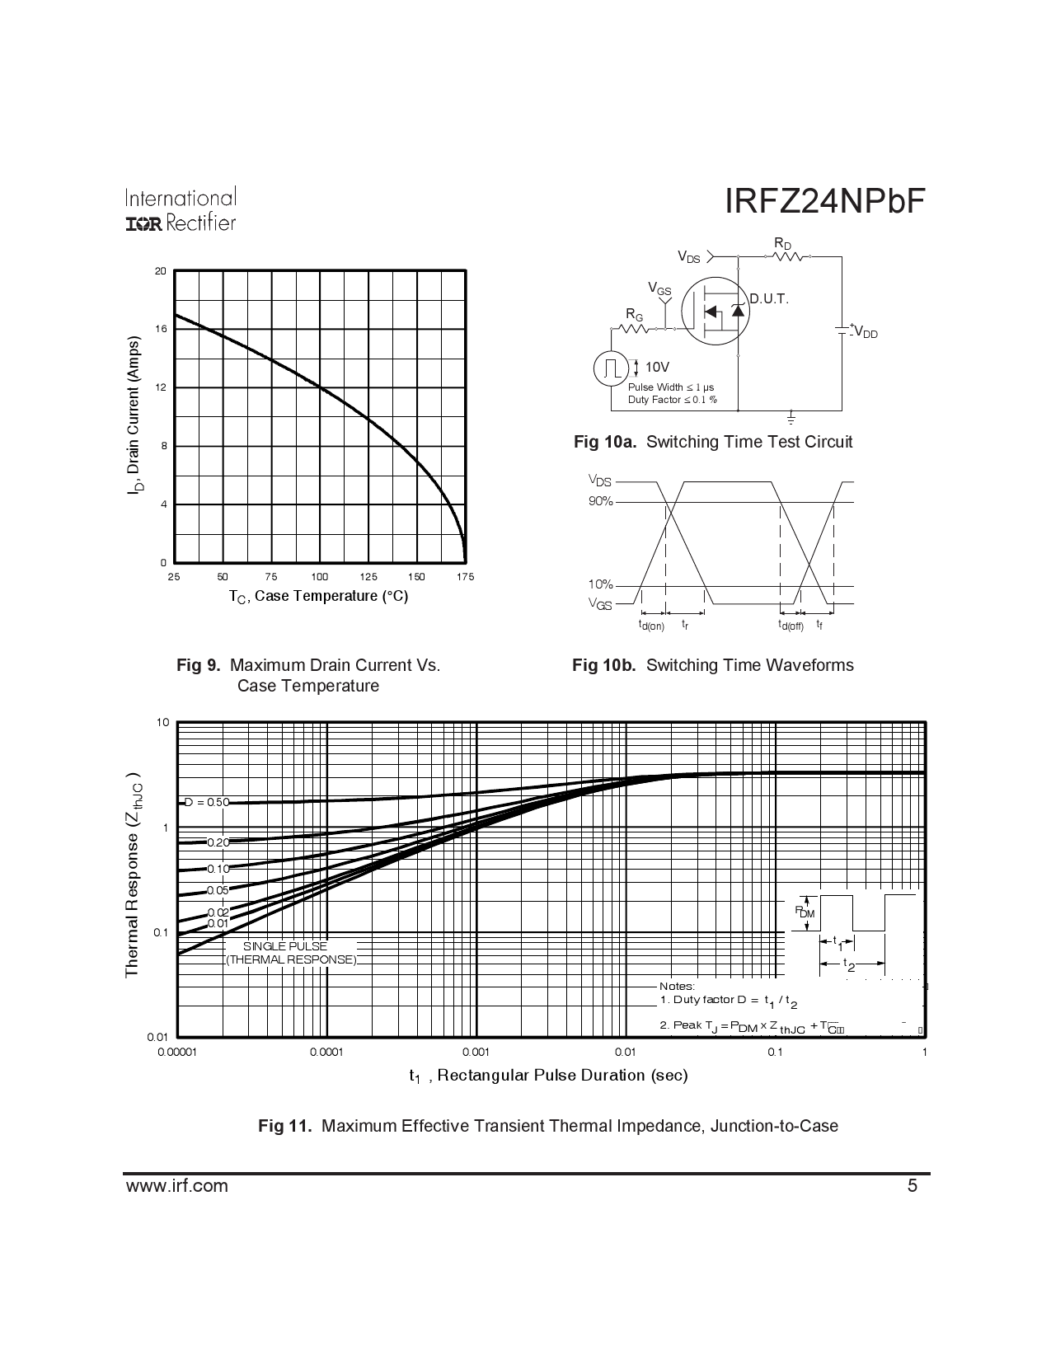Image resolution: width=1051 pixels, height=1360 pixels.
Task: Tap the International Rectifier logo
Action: (181, 209)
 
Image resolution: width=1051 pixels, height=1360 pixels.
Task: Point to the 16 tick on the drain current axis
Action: (161, 330)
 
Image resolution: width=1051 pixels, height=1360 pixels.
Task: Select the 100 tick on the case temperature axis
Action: (320, 577)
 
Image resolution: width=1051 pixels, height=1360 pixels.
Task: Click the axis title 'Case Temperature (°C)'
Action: (319, 596)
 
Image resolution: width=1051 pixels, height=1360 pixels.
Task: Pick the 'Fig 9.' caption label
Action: (198, 665)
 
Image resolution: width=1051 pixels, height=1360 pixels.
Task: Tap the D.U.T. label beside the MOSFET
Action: (768, 299)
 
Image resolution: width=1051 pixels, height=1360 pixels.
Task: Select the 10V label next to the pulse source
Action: (657, 367)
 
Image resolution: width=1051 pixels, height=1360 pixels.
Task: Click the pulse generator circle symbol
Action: (611, 368)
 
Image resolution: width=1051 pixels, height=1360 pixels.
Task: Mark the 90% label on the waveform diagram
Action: (600, 501)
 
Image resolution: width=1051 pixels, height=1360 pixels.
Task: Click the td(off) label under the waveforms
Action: (791, 626)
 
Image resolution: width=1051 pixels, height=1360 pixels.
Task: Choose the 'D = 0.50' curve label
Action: (205, 802)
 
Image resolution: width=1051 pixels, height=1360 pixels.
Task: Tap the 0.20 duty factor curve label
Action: (218, 842)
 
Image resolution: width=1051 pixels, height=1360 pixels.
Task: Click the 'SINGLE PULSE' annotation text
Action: (284, 946)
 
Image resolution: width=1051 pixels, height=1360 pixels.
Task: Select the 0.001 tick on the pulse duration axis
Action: (476, 1052)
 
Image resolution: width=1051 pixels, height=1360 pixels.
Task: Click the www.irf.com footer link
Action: (176, 1186)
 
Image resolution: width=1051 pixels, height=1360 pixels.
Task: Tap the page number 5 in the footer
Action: (912, 1186)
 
